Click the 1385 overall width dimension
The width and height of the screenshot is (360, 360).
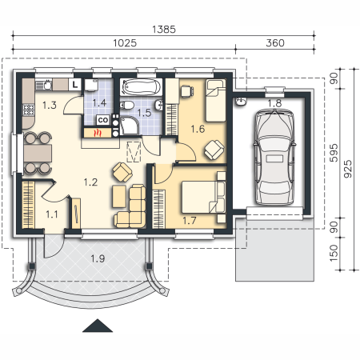[164, 29]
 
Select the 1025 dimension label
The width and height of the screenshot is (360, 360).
[125, 43]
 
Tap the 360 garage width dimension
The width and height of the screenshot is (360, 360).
[275, 43]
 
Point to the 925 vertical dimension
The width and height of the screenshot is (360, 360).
[348, 169]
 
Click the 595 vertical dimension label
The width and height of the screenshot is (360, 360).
[334, 153]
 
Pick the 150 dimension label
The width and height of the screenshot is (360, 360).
[334, 253]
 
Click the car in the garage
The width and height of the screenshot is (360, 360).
[274, 157]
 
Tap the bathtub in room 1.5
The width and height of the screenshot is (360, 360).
[140, 86]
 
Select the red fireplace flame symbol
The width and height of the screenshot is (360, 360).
[98, 133]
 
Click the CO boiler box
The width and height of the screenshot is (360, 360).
[103, 120]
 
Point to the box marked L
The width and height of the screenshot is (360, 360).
[75, 85]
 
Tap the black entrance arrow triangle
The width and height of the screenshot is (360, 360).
[98, 326]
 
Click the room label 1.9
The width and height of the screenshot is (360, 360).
[98, 258]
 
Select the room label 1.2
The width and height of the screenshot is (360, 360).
[90, 182]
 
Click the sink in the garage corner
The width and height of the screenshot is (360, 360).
[241, 102]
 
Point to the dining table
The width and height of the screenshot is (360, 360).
[38, 153]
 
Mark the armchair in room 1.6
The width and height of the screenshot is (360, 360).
[214, 150]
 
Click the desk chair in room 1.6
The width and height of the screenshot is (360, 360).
[187, 90]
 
